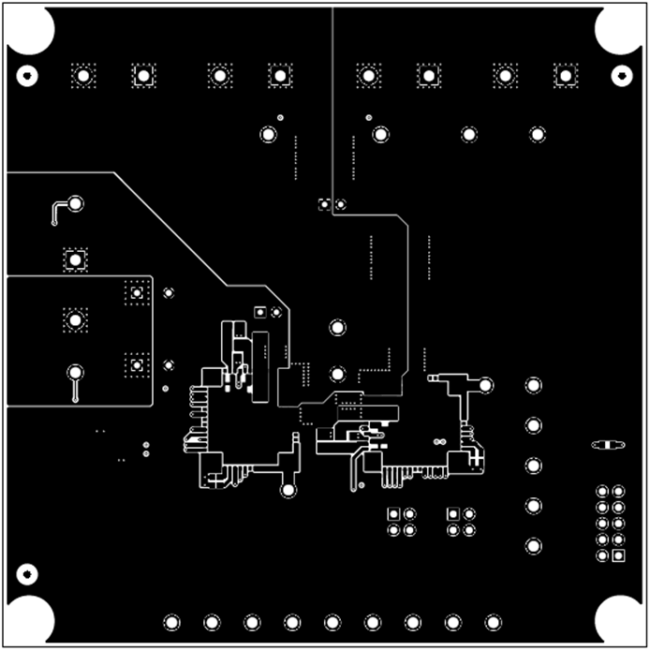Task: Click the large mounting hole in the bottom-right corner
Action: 619,619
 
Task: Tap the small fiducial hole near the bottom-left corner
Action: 27,572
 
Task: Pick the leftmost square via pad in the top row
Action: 83,76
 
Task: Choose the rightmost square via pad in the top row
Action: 565,76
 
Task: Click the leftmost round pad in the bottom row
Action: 172,622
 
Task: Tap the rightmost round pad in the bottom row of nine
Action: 493,622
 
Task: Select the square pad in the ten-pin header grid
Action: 618,556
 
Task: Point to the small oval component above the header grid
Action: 607,444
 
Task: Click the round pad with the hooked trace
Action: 75,203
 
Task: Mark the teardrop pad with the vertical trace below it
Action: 74,374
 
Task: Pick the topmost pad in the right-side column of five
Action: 533,385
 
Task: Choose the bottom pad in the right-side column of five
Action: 533,545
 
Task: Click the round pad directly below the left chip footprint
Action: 288,489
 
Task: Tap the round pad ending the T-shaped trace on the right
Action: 486,385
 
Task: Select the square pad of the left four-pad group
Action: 393,513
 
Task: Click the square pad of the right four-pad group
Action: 453,513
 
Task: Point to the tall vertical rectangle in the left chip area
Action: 260,366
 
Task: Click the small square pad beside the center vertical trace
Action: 324,204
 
